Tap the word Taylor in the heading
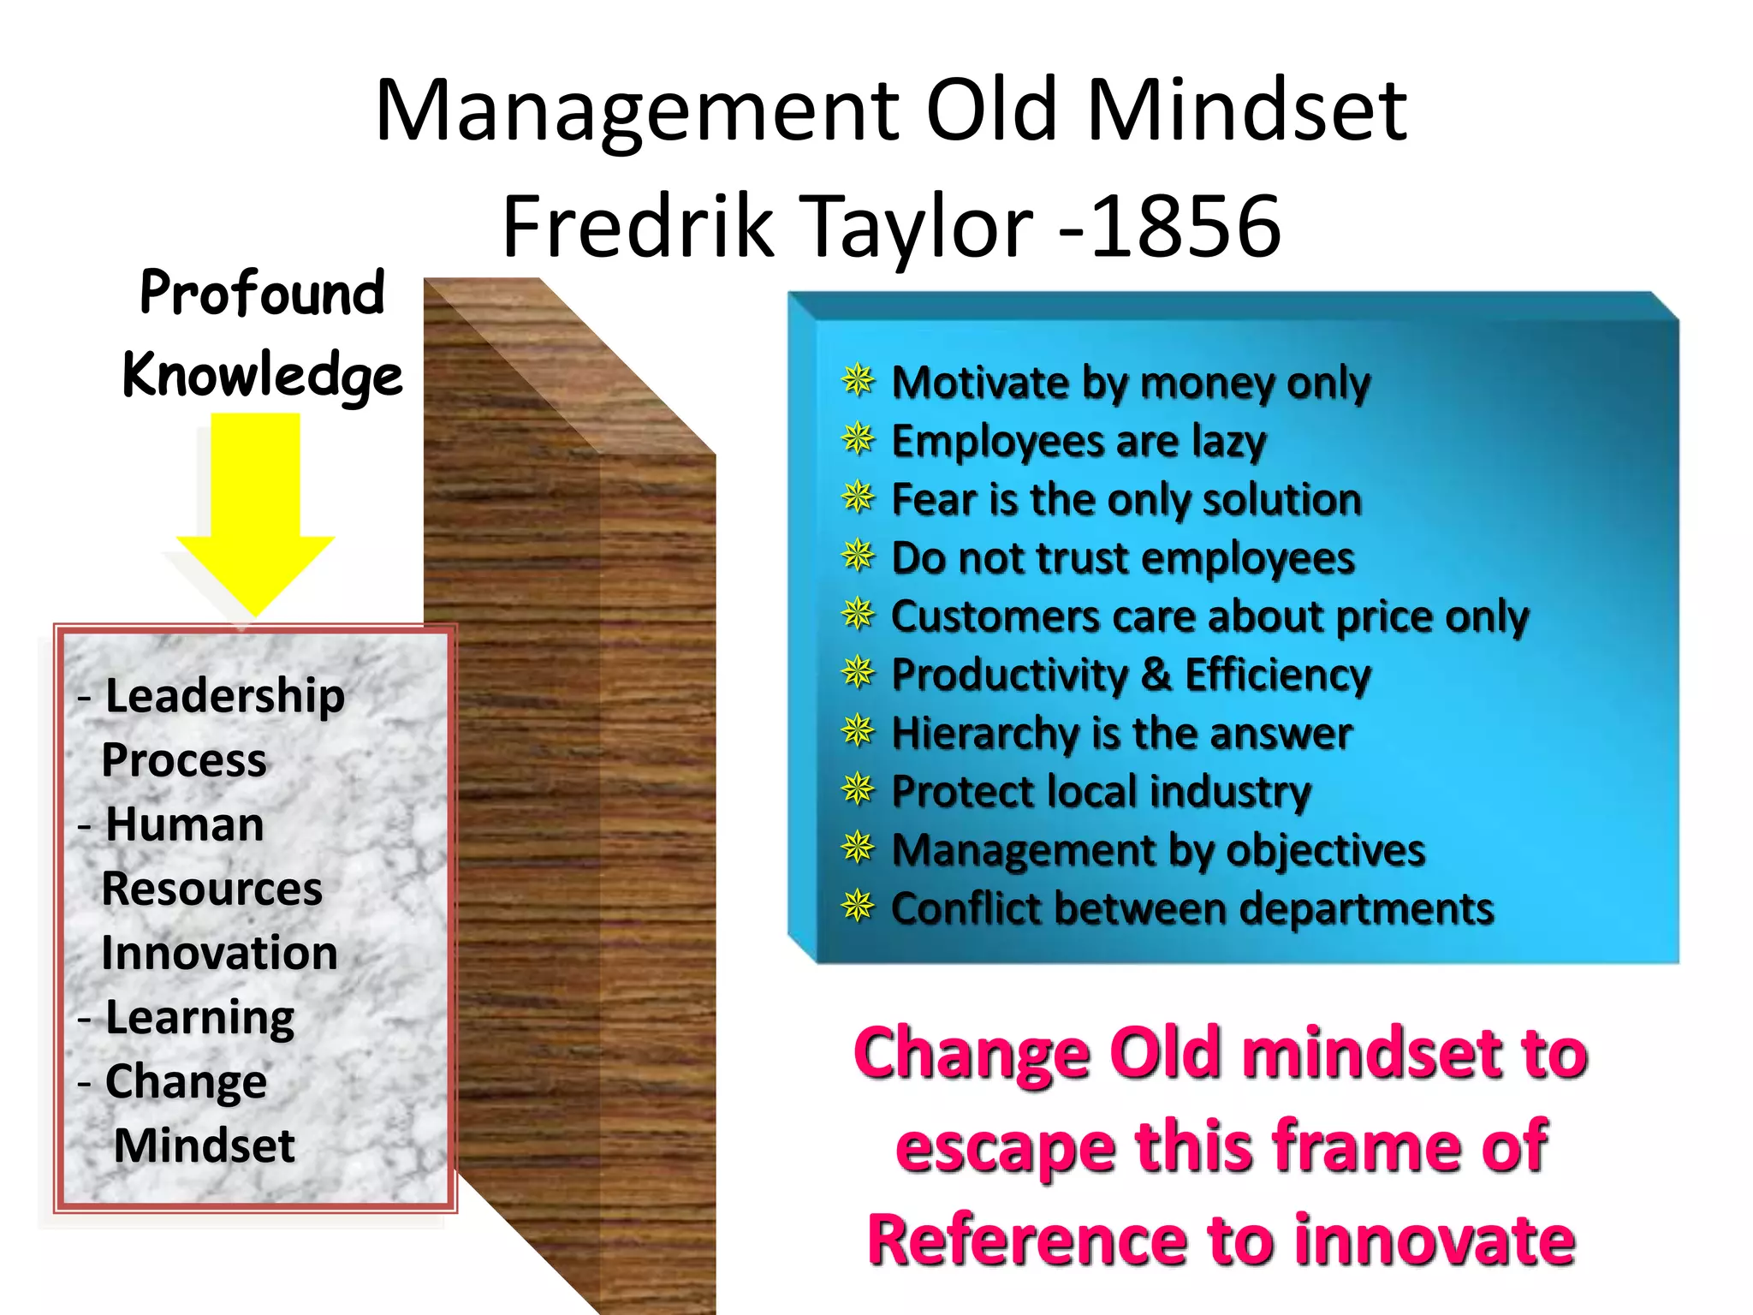pos(919,227)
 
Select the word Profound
pos(262,293)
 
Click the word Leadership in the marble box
pos(224,695)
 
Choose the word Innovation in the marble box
pos(219,953)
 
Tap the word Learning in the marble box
pos(199,1018)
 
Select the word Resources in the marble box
pos(211,889)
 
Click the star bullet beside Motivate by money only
pos(858,380)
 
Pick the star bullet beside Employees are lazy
pos(858,439)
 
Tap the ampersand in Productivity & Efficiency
pos(1156,674)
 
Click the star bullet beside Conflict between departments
pos(858,907)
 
